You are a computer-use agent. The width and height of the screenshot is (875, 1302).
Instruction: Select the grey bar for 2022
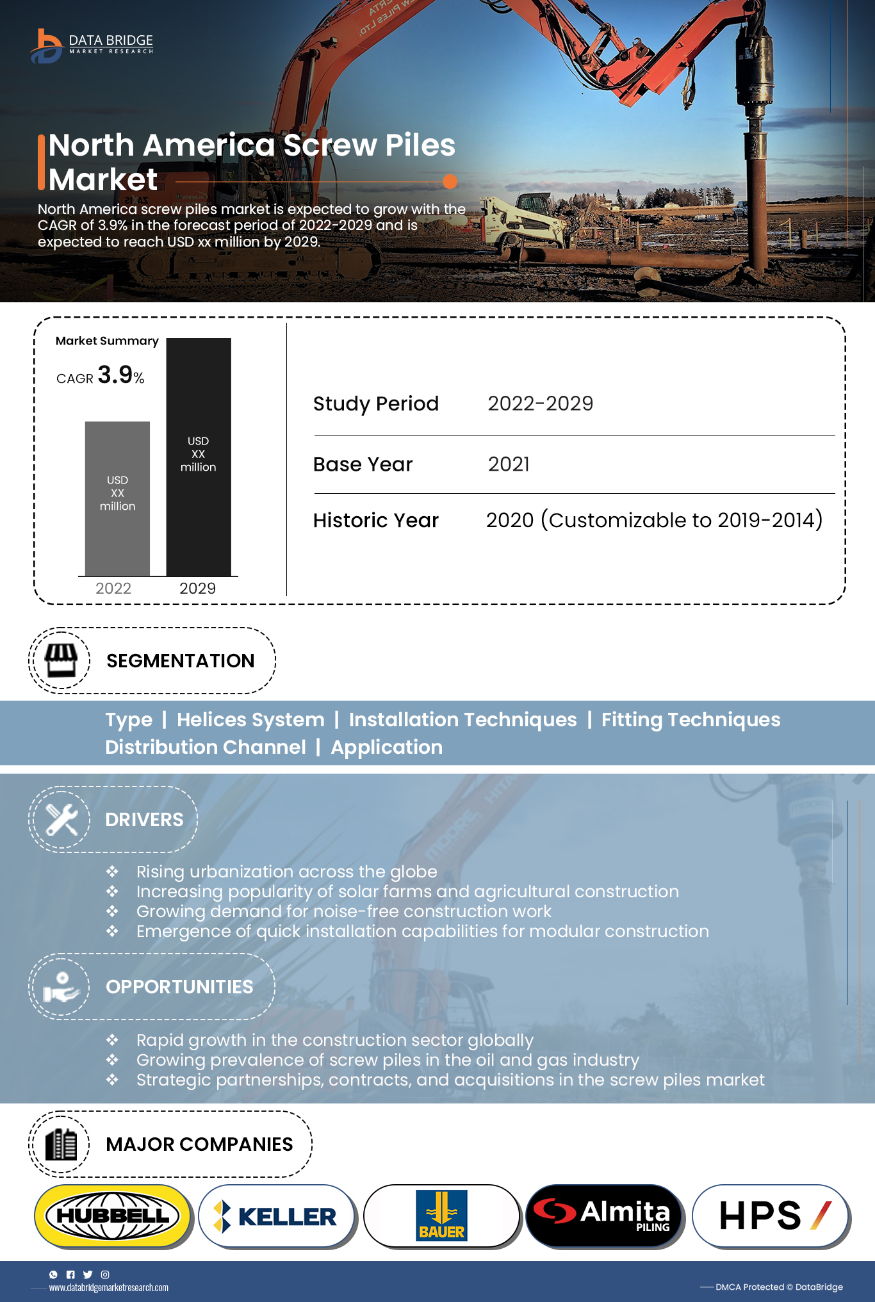117,498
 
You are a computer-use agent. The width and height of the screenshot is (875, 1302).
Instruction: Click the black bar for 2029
199,457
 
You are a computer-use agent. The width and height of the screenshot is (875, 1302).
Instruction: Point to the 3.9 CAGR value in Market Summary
115,375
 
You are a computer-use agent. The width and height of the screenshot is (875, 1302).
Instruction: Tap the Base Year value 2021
509,464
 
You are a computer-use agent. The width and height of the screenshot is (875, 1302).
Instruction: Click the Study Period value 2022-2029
540,403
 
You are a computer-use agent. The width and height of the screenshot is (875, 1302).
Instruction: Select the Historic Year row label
376,520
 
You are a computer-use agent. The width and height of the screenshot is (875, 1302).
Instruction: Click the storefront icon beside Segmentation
61,660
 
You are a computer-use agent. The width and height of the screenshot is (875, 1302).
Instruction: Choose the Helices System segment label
250,720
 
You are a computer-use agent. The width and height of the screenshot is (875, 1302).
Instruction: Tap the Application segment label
386,747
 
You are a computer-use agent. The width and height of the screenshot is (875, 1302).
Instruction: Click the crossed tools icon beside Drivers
61,819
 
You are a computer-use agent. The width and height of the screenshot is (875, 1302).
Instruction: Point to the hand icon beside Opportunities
61,986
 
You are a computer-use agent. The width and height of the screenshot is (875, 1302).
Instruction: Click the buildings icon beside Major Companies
61,1144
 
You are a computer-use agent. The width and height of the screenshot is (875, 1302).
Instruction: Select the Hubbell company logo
113,1216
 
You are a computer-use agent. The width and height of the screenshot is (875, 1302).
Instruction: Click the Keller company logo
277,1216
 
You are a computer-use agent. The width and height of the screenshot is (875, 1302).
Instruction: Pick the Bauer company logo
441,1216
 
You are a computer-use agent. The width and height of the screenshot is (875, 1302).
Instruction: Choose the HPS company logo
771,1216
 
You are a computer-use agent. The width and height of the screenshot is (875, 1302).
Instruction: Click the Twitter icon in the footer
88,1274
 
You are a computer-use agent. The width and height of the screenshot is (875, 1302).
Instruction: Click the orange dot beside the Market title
450,182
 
